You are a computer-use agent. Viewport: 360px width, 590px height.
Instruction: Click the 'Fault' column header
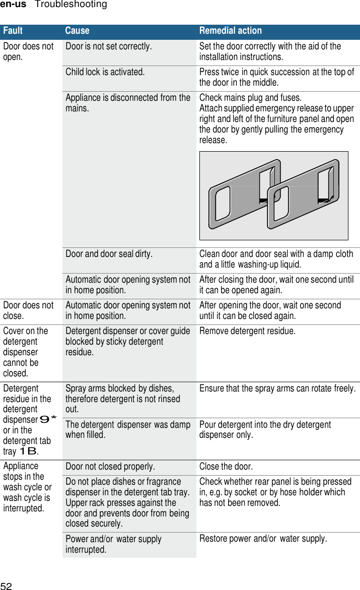click(x=13, y=31)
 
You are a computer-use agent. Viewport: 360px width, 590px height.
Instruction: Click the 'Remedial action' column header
click(x=231, y=31)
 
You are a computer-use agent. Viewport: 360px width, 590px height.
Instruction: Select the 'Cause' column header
click(x=77, y=31)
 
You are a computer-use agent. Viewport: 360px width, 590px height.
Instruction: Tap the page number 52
click(x=6, y=585)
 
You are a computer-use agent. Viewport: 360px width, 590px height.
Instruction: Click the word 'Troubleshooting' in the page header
click(x=71, y=5)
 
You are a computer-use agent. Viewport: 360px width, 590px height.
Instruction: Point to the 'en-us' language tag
click(x=13, y=5)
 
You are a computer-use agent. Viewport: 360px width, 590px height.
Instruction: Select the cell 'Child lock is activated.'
click(x=105, y=72)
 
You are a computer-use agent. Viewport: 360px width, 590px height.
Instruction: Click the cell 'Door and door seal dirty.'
click(x=109, y=254)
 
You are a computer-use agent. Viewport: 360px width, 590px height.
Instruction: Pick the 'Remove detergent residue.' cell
click(x=247, y=331)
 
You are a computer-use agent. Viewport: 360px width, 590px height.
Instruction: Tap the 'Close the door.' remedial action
click(x=226, y=466)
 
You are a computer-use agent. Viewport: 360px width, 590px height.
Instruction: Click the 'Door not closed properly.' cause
click(x=110, y=466)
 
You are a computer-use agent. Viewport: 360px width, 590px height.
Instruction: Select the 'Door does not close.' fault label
click(x=28, y=310)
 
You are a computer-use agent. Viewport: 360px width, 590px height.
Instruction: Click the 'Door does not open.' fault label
click(x=28, y=51)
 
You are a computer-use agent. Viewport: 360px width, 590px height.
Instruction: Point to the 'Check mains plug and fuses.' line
click(x=250, y=97)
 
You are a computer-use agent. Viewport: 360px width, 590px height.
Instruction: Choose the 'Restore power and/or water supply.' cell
click(x=263, y=539)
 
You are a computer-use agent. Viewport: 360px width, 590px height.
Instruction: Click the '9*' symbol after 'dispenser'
click(x=48, y=419)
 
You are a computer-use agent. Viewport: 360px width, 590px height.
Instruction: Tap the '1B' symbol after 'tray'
click(x=28, y=451)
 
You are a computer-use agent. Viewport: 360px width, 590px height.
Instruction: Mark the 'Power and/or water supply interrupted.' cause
click(x=113, y=544)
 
